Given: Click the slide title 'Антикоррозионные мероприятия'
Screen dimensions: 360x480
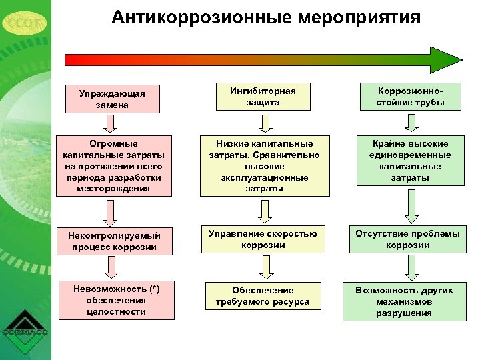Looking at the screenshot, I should click(x=266, y=17).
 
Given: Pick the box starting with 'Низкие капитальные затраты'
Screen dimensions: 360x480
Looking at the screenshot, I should click(x=264, y=166).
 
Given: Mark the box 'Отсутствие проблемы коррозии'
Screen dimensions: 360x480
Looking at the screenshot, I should click(x=407, y=239).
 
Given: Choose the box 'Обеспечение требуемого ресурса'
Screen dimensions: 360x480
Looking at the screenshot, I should click(x=263, y=296).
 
